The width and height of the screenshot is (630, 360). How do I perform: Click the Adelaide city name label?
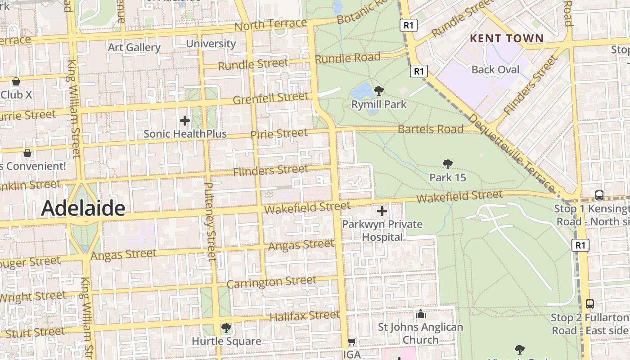click(x=83, y=208)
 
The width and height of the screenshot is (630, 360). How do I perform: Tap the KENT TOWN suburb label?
click(x=507, y=38)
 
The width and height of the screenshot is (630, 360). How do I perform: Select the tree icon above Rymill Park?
click(x=379, y=90)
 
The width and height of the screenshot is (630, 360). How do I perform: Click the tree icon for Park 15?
click(x=447, y=164)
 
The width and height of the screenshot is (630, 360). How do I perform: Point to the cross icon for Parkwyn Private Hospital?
click(x=382, y=211)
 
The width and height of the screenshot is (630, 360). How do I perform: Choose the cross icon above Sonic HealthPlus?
click(x=185, y=121)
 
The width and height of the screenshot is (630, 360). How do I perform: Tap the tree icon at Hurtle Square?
click(x=226, y=328)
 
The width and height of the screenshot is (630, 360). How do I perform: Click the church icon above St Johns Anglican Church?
click(x=421, y=314)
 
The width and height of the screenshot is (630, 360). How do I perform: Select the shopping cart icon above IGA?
click(x=352, y=342)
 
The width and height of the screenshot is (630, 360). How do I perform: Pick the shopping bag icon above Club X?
click(x=16, y=81)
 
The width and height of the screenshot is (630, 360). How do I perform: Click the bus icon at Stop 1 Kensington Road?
click(x=599, y=195)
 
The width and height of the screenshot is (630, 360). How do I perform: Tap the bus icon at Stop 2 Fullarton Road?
click(x=590, y=304)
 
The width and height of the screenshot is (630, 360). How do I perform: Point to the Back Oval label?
click(x=495, y=70)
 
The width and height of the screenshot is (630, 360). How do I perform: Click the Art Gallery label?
click(x=134, y=47)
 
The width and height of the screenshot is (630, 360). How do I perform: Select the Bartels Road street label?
click(x=430, y=129)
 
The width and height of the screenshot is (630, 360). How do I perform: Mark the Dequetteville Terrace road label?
click(x=512, y=152)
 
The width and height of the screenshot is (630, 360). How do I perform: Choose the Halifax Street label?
click(x=304, y=315)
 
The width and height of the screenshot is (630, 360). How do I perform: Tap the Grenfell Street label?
click(x=271, y=98)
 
